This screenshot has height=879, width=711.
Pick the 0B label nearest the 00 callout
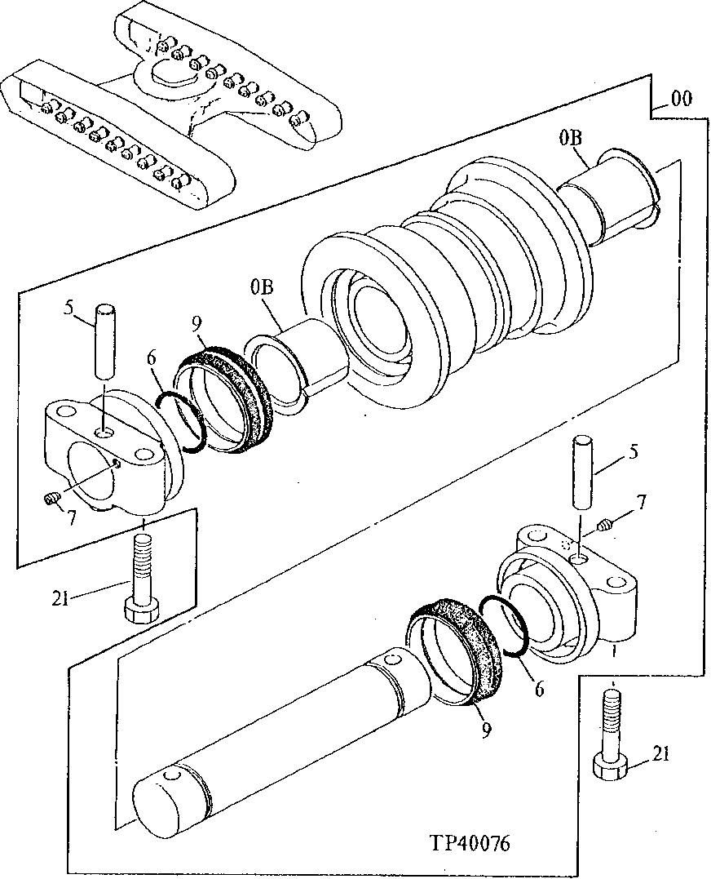click(x=570, y=140)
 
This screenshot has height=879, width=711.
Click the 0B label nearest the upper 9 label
click(x=262, y=287)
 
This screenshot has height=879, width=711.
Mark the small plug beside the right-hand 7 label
click(x=605, y=527)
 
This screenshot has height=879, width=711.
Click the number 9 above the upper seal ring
click(x=196, y=324)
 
